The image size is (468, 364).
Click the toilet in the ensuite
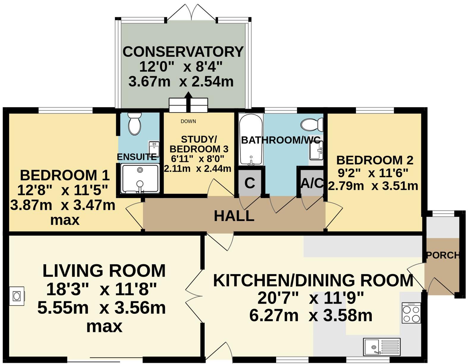(135, 124)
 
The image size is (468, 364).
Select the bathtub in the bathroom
(251, 139)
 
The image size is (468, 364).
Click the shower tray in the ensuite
(140, 178)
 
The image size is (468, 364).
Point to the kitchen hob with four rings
(411, 313)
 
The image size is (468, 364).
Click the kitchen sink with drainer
(382, 346)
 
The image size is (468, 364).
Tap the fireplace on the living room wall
(17, 296)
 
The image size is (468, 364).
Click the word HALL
(234, 216)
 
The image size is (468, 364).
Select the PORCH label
(442, 255)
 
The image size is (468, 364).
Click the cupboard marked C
(249, 183)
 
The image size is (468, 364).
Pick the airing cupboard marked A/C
(312, 183)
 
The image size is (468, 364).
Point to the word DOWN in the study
(188, 121)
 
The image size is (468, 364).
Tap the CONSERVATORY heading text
(183, 52)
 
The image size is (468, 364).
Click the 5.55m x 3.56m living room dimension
(102, 308)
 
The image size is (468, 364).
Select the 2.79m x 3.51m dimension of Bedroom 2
(373, 186)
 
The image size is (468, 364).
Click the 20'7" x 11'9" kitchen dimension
(310, 298)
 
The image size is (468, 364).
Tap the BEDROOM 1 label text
(65, 175)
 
